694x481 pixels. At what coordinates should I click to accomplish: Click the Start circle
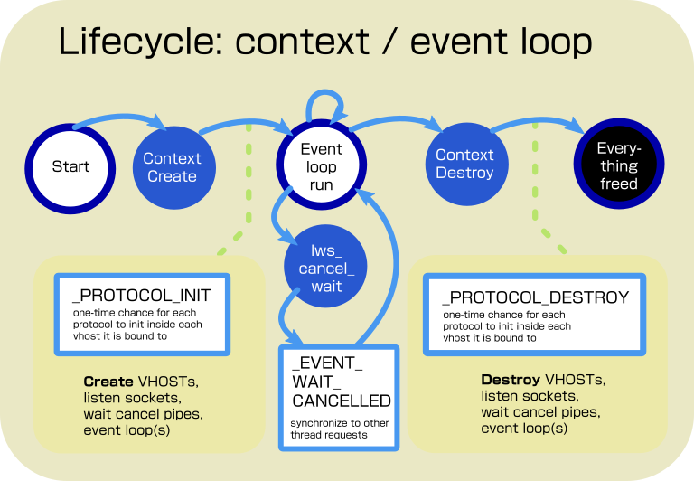70,166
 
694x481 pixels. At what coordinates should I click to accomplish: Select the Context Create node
172,166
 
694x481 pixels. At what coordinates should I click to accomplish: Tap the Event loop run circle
322,166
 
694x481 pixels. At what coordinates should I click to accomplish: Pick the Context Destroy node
464,164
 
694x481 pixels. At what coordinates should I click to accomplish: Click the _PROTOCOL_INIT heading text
141,296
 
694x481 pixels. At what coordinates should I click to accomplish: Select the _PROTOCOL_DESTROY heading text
535,297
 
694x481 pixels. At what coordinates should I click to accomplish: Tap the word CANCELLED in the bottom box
342,401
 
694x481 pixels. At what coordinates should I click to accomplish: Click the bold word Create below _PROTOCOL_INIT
108,382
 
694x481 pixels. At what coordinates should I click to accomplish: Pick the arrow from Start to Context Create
117,118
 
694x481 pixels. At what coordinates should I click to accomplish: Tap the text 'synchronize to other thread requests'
339,429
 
